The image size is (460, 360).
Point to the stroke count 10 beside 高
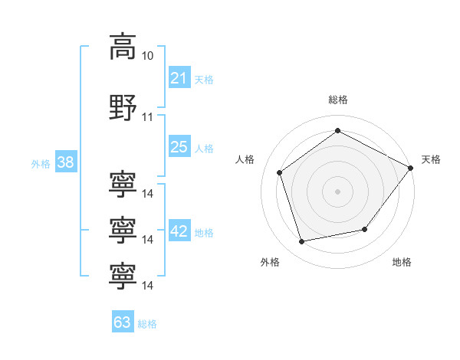tap(148, 56)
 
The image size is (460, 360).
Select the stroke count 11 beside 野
tap(148, 116)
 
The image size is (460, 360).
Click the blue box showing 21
tap(179, 78)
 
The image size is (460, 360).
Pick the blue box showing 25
tap(179, 147)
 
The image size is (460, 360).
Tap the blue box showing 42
tap(179, 232)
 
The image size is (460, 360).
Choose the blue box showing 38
tap(64, 162)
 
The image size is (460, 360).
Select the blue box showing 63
tap(122, 322)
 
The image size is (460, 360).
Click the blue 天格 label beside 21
tap(204, 79)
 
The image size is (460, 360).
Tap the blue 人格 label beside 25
tap(204, 148)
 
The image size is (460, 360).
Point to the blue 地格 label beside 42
tap(204, 233)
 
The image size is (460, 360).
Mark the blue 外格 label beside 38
tap(40, 163)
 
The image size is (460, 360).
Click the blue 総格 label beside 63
tap(147, 323)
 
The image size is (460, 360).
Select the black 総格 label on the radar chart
tap(337, 100)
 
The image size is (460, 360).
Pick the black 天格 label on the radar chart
tap(431, 159)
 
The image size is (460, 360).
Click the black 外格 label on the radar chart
tap(270, 262)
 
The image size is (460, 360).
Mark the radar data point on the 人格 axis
tap(279, 172)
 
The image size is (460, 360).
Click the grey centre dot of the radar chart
tap(337, 191)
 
